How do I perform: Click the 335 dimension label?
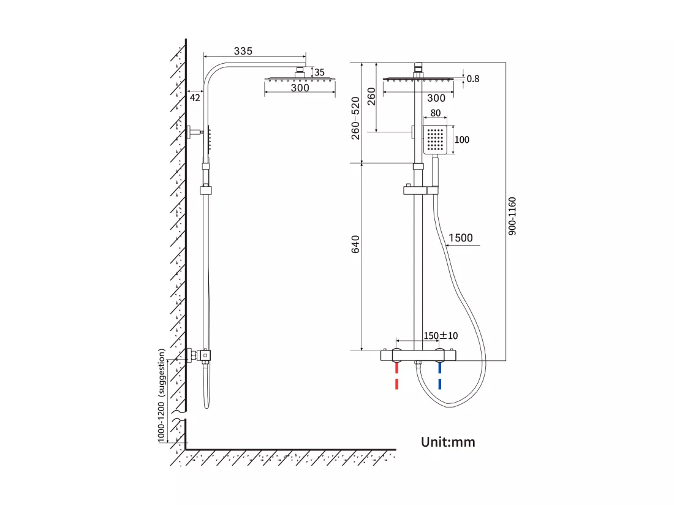(x=243, y=51)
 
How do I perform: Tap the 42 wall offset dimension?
(x=195, y=98)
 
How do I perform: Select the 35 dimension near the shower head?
(x=319, y=72)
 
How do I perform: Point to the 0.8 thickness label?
(x=473, y=78)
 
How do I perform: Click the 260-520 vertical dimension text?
(x=355, y=118)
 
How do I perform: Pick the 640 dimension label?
(x=355, y=244)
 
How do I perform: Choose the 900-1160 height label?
(x=512, y=216)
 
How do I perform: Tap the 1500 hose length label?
(x=460, y=238)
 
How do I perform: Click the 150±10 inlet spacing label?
(x=441, y=336)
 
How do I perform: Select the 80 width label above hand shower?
(x=436, y=113)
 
